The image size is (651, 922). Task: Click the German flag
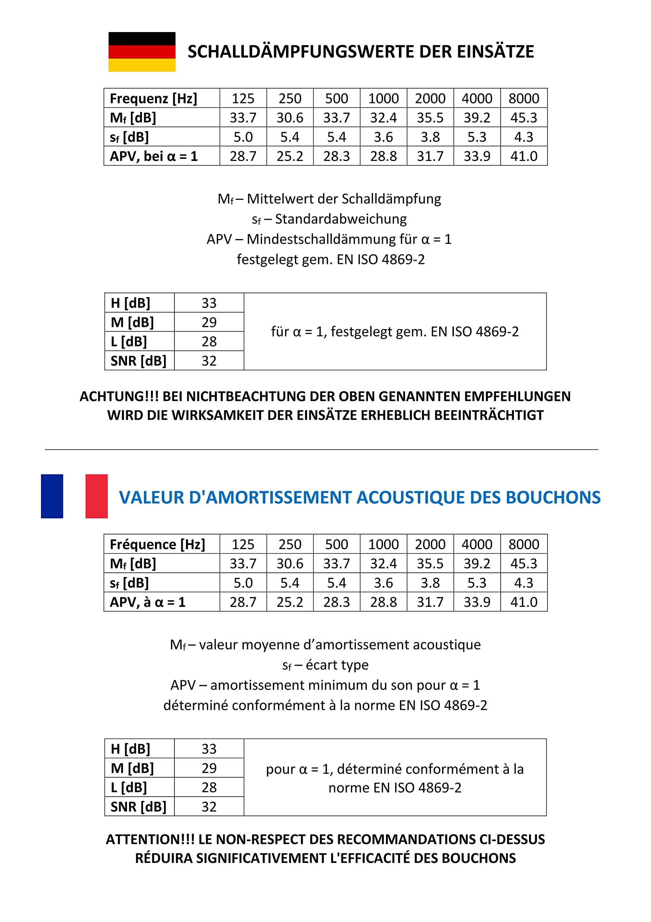point(142,52)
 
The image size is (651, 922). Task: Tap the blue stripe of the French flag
point(52,496)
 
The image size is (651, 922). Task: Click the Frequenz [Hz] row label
point(153,98)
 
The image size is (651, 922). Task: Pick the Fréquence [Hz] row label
point(157,544)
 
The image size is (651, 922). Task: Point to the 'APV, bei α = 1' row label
point(154,156)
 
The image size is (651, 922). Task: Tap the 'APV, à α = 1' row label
point(147,602)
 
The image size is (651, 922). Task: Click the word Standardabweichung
point(341,219)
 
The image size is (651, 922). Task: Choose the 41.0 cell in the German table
point(523,156)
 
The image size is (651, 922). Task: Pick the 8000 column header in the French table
point(523,544)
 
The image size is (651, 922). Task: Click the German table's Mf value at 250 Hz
point(290,118)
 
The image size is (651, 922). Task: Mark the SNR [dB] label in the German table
point(138,361)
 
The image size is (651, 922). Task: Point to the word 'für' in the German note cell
point(279,332)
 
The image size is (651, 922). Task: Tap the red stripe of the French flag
point(96,496)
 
